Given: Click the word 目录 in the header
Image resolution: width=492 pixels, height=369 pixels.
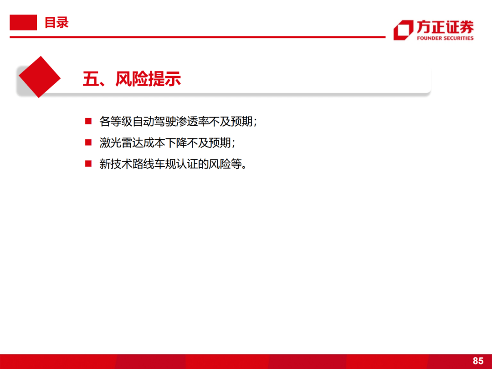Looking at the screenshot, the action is (x=56, y=23).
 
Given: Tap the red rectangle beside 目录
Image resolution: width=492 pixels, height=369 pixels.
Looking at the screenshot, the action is (x=23, y=22).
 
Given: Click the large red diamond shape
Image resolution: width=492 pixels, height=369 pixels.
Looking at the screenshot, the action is (x=40, y=77).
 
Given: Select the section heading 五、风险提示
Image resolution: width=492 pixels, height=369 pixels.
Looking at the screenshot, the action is (x=132, y=79).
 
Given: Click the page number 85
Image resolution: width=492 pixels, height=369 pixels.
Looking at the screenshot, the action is (x=478, y=361).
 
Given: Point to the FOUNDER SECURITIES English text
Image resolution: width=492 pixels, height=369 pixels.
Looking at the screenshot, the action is (x=445, y=38).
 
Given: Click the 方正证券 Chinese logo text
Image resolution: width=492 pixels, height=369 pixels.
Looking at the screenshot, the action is (x=445, y=27).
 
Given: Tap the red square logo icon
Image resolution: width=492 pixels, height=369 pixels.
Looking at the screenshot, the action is (x=403, y=30).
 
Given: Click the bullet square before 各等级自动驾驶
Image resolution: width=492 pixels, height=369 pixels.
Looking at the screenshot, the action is (x=88, y=121).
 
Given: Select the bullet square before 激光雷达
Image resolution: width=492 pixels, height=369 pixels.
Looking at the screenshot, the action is (x=88, y=143).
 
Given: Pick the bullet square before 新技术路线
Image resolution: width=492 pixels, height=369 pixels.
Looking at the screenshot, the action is (x=88, y=164).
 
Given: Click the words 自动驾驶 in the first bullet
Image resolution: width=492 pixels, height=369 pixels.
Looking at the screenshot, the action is (x=154, y=122).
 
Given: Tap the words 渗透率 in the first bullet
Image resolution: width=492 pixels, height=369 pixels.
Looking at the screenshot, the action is (x=193, y=122).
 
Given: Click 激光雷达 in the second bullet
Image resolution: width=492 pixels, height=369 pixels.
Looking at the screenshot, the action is (x=122, y=143).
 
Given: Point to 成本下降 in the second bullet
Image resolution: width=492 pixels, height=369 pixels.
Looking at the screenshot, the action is (x=165, y=143).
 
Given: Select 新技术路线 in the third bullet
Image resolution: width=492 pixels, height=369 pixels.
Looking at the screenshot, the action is (x=127, y=164).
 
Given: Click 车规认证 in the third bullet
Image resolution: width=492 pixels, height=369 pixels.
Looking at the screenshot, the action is (x=176, y=164).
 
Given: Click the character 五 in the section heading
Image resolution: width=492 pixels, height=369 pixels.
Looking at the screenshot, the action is (x=91, y=79).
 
